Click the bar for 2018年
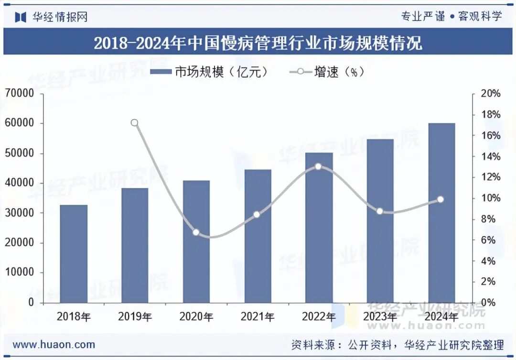tap(74, 254)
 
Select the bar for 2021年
tap(258, 236)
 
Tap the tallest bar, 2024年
tap(441, 213)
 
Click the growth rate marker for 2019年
tap(135, 123)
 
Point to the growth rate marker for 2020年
tap(196, 232)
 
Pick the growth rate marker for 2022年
tap(319, 167)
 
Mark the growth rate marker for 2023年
tap(380, 211)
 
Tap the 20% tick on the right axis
tap(490, 94)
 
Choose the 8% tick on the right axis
tap(490, 219)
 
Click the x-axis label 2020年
tap(196, 316)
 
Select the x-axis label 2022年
tap(319, 316)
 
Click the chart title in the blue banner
tap(258, 44)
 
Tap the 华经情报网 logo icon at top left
tap(21, 17)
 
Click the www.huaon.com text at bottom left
tap(54, 344)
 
